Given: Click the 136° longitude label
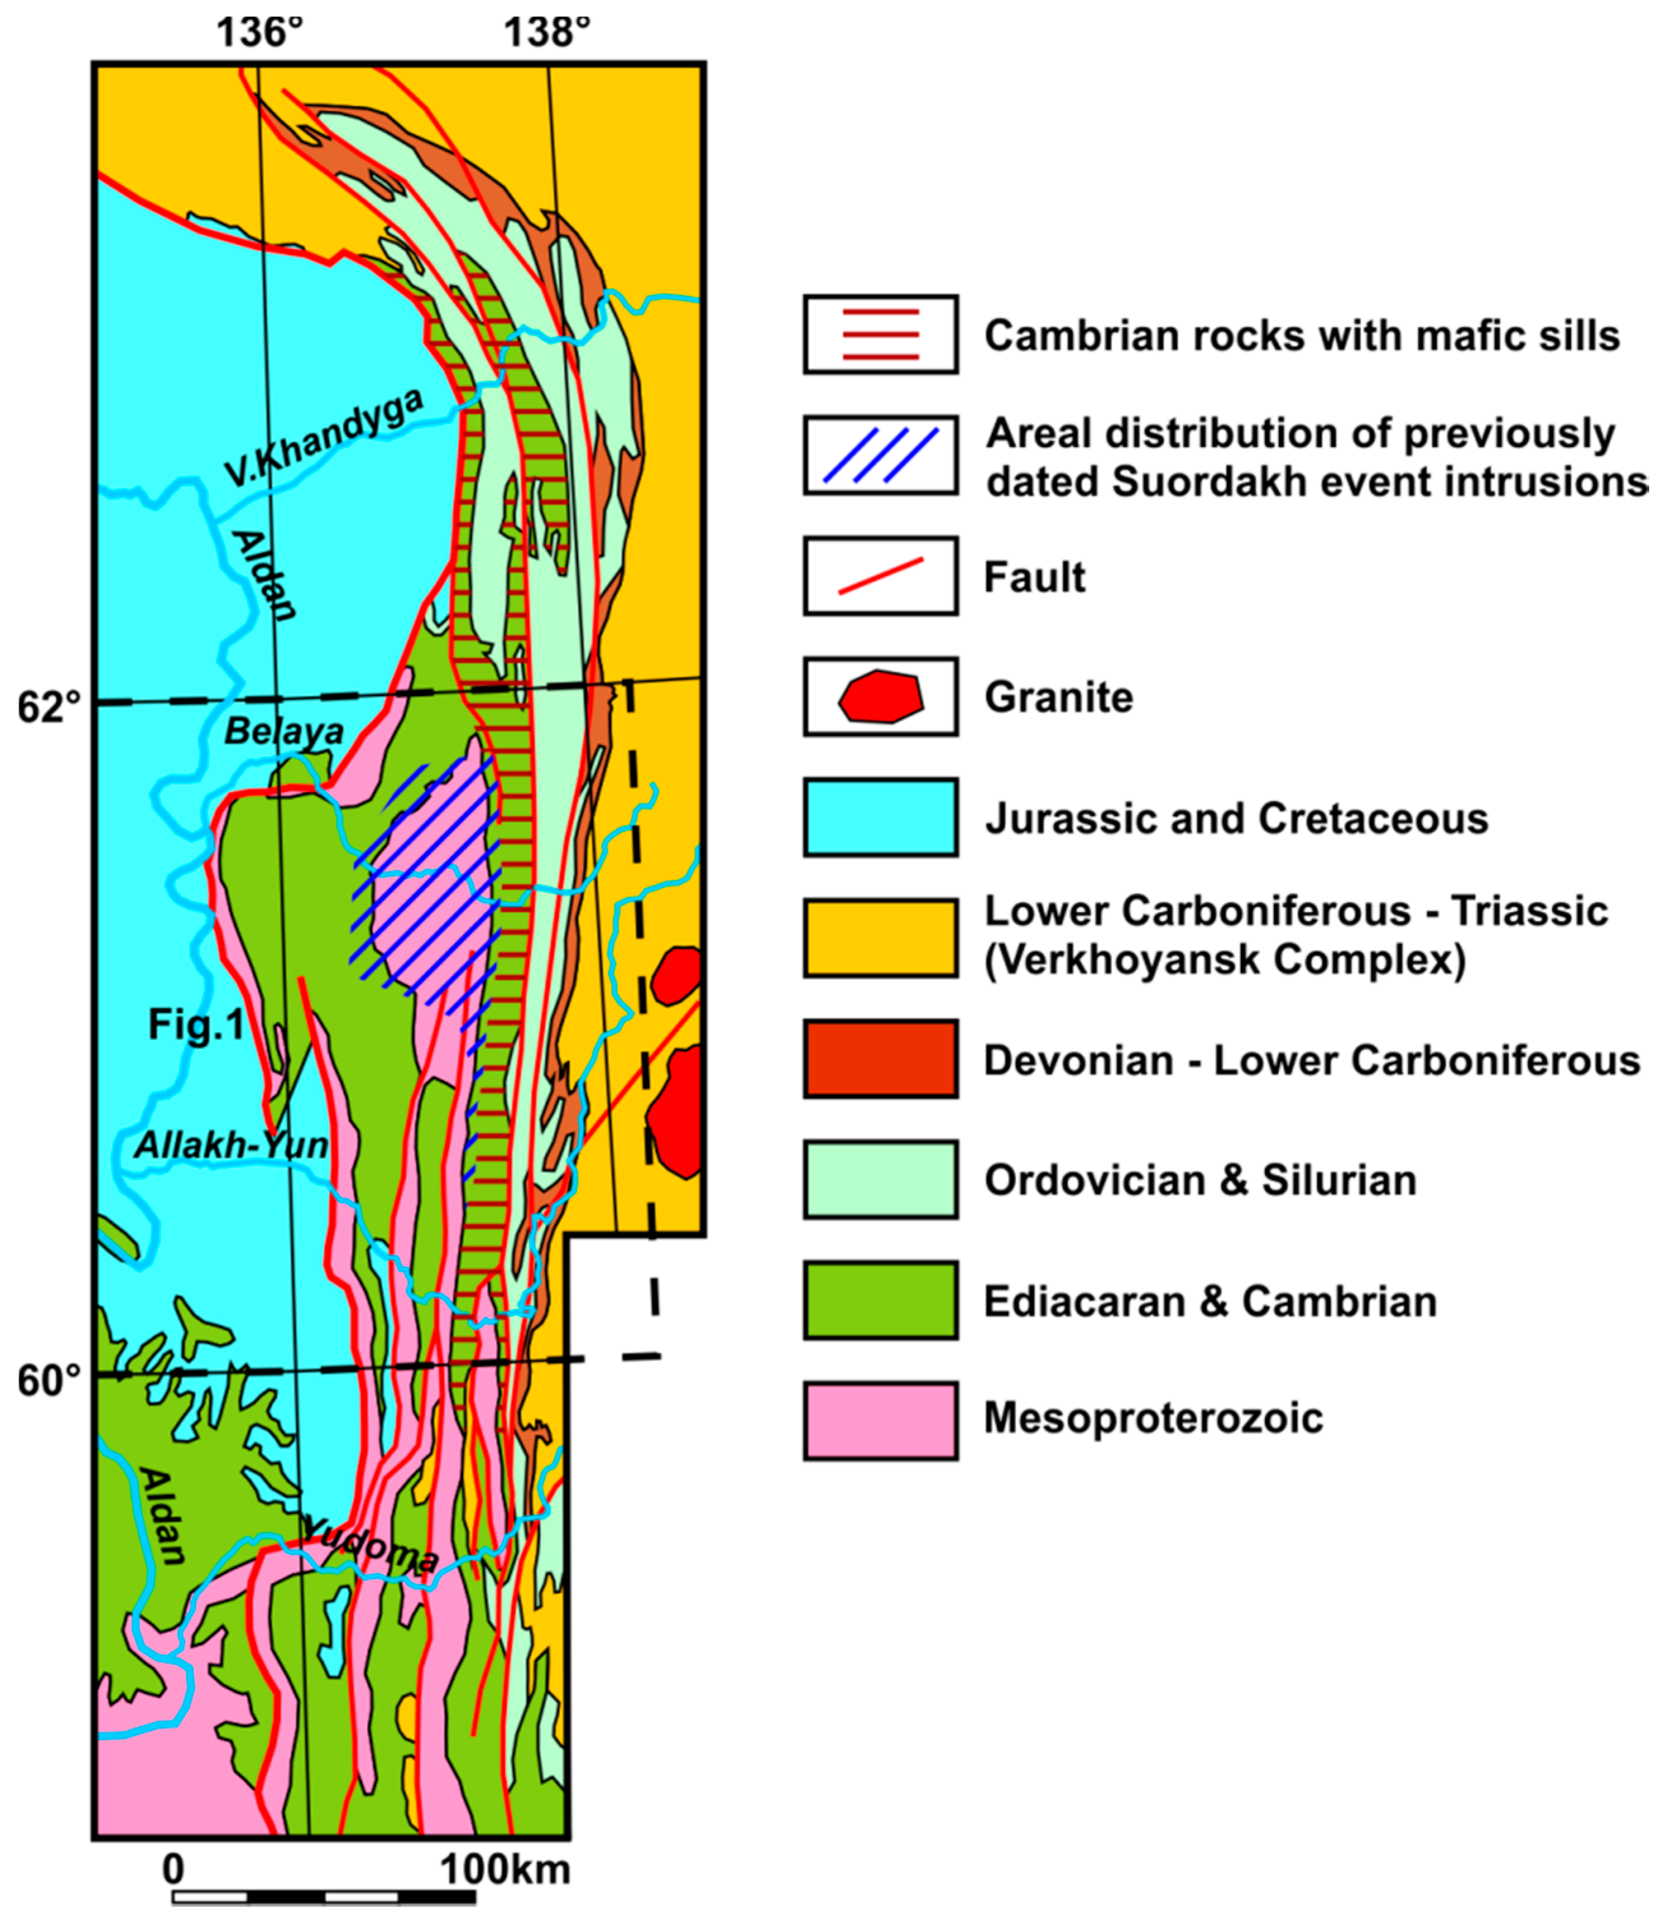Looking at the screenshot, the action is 260,33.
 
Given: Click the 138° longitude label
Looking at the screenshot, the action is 546,33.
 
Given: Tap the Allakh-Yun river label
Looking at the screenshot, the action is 232,1146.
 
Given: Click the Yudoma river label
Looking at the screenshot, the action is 371,1545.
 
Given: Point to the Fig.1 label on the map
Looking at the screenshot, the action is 197,1026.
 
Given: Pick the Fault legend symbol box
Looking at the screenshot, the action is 880,576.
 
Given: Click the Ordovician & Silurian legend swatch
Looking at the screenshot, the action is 880,1180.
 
